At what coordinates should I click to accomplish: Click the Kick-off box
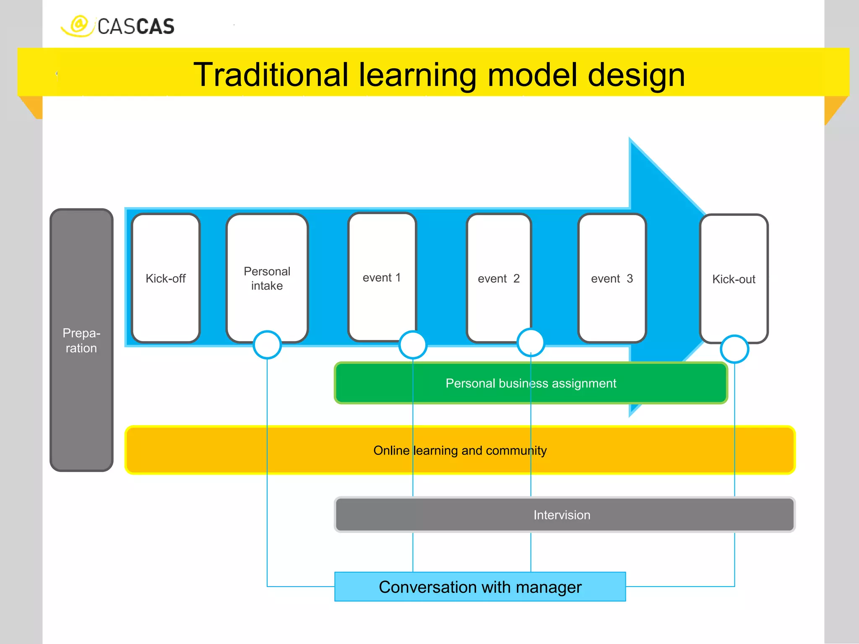tap(166, 278)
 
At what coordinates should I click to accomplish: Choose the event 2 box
tap(499, 278)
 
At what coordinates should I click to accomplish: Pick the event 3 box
tap(612, 278)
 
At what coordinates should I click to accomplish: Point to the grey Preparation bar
tap(81, 340)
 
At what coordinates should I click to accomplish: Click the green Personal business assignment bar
tap(531, 383)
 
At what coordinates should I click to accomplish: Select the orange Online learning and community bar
tap(460, 450)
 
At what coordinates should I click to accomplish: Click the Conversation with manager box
tap(480, 587)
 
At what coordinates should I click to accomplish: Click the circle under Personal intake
tap(267, 345)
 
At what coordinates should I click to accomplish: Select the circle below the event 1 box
tap(413, 345)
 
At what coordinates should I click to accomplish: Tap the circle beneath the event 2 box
tap(531, 342)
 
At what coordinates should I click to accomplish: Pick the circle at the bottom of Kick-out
tap(734, 349)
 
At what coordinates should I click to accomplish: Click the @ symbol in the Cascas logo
tap(79, 24)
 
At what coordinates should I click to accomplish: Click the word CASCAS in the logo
tap(135, 27)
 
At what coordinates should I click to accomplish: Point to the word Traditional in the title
tap(271, 75)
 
